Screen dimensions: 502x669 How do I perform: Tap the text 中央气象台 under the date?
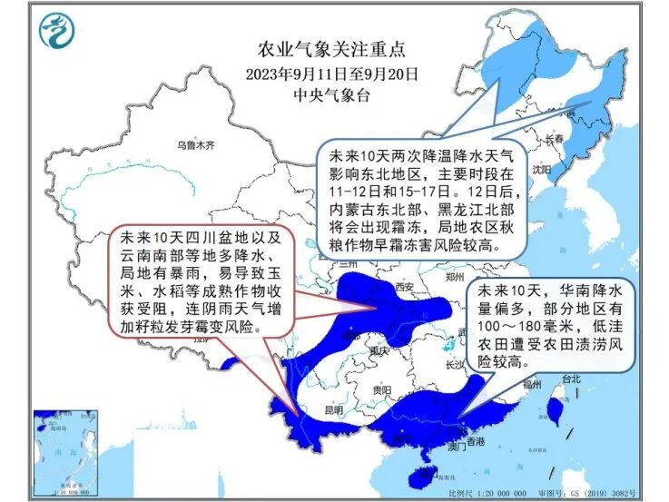click(332, 94)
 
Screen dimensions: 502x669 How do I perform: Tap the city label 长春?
click(556, 139)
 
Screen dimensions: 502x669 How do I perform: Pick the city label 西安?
click(404, 288)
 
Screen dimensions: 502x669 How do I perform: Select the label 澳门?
click(457, 448)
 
